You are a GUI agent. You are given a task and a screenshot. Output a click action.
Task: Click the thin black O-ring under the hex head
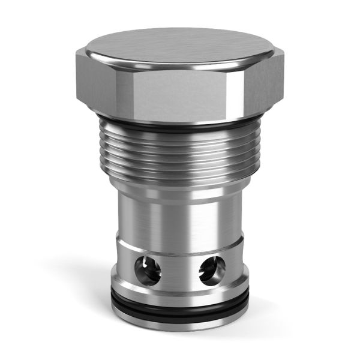click(x=180, y=128)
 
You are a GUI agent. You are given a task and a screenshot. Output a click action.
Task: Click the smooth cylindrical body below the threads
click(x=180, y=210)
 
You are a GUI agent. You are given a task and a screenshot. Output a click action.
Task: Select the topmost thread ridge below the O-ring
click(x=180, y=137)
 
